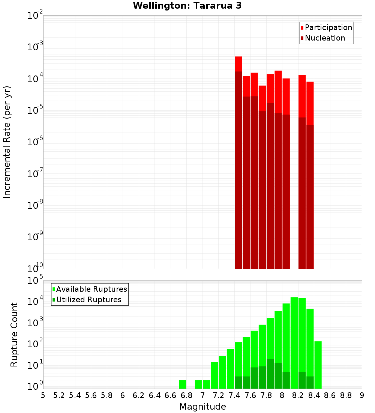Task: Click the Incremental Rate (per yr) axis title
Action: point(7,142)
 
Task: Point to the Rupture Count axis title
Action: point(14,335)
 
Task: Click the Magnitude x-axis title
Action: point(202,407)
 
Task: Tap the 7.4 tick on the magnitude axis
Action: point(234,395)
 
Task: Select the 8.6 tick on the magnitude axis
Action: point(330,395)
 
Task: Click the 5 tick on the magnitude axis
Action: point(43,395)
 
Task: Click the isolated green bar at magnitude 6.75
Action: point(183,384)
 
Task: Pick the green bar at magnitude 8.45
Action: point(318,364)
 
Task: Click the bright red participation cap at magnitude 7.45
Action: point(238,64)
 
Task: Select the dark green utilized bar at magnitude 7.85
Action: point(270,374)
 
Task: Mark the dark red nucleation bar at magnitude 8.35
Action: point(310,195)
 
